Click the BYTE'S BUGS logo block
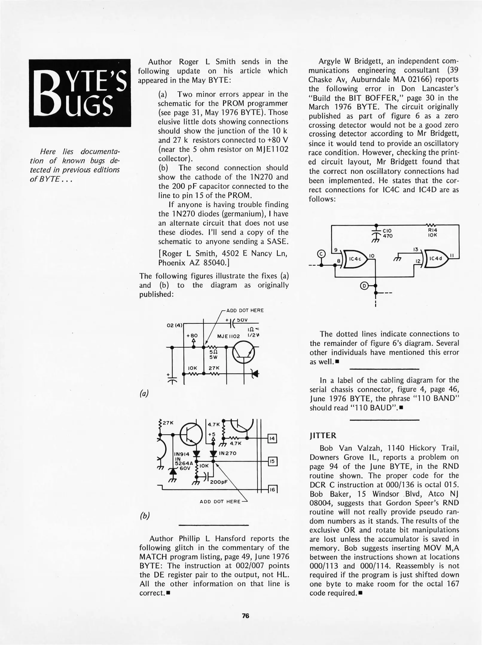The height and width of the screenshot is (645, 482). (x=80, y=93)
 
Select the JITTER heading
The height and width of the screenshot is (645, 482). (x=323, y=436)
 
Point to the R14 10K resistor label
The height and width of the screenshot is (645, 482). (x=432, y=233)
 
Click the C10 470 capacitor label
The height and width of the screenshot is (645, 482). (x=388, y=233)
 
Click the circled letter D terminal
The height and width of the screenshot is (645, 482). (x=364, y=285)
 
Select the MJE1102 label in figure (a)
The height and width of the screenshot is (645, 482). (x=228, y=336)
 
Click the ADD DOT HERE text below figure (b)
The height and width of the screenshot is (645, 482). (x=220, y=501)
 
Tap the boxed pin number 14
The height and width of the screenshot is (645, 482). (x=272, y=439)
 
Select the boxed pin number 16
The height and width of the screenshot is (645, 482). (x=272, y=489)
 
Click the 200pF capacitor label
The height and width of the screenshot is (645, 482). (x=219, y=482)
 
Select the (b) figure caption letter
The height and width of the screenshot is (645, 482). (x=145, y=516)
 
